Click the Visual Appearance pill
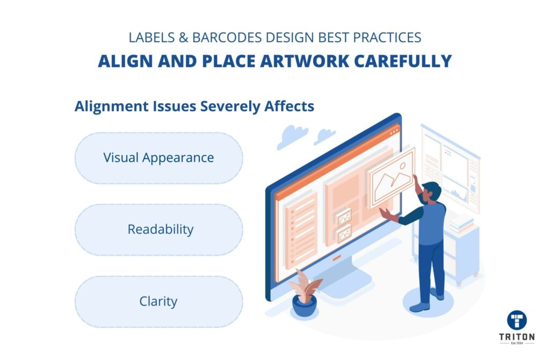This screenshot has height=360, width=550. click(x=158, y=159)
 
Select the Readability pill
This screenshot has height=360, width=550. click(x=158, y=230)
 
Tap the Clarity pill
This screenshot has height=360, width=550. click(x=158, y=302)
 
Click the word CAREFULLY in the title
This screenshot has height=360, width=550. click(x=403, y=61)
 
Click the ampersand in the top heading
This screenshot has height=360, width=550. click(x=184, y=38)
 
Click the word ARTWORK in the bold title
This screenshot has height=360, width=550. click(x=305, y=61)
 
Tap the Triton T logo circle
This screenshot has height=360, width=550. click(x=517, y=320)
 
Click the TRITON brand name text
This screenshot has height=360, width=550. click(x=517, y=337)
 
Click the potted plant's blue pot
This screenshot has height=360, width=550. click(x=305, y=306)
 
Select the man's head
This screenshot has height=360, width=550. click(x=431, y=193)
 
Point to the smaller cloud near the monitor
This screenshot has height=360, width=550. click(x=324, y=136)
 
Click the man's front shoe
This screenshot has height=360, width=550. click(x=419, y=308)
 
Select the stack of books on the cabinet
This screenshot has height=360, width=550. click(x=461, y=224)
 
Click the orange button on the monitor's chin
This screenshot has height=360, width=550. click(x=337, y=258)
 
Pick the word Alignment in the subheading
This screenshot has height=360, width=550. click(x=112, y=106)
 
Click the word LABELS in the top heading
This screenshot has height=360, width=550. click(x=151, y=38)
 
